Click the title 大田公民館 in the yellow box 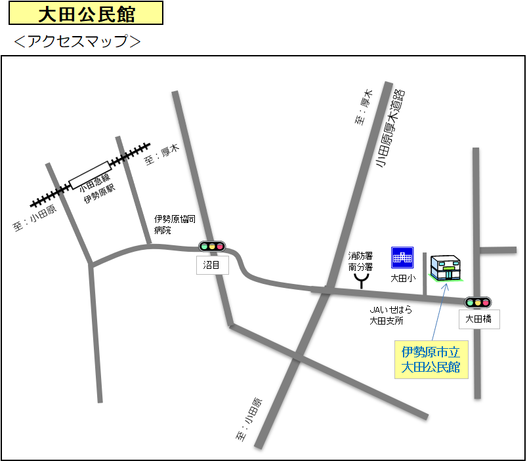tap(87, 13)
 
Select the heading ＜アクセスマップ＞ tap(77, 41)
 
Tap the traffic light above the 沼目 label tap(211, 247)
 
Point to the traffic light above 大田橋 tap(478, 302)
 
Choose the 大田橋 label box tap(478, 319)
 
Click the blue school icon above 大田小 tap(402, 258)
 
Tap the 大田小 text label tap(402, 278)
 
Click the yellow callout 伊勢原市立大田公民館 tap(431, 359)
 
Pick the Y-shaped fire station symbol tap(361, 281)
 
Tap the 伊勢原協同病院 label tap(174, 224)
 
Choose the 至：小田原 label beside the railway tap(35, 218)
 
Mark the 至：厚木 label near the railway tap(161, 155)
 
